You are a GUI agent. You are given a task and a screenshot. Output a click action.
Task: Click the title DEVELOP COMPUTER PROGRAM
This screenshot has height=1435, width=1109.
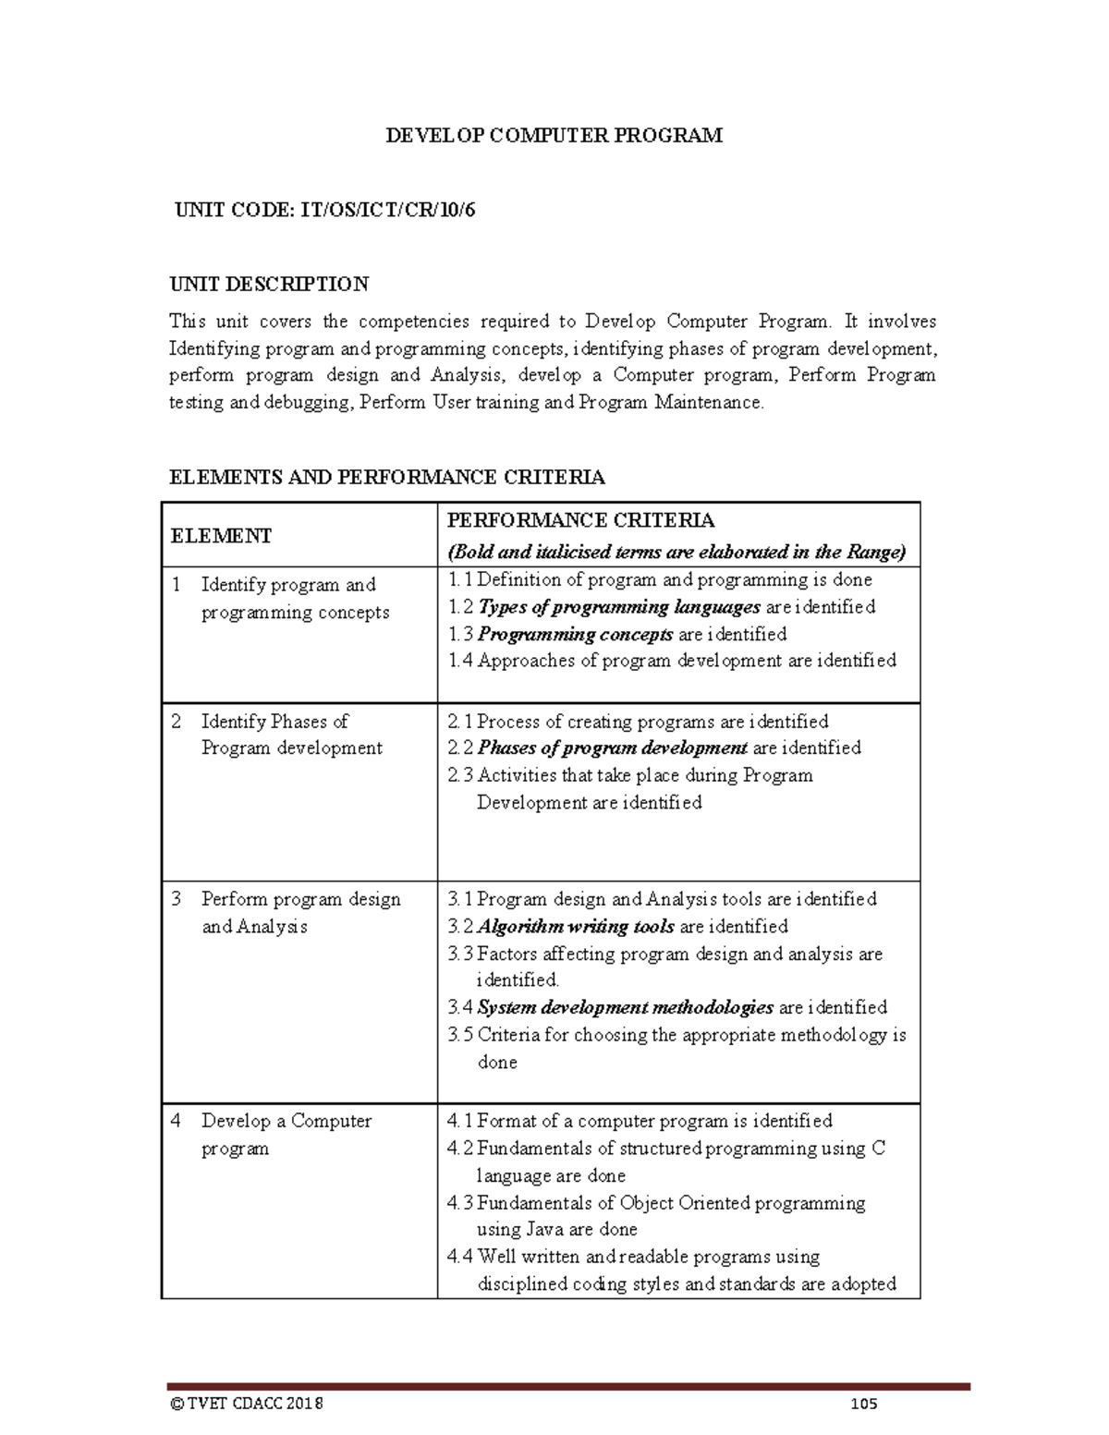point(554,136)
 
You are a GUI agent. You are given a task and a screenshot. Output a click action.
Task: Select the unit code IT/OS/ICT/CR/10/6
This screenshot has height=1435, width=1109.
point(386,210)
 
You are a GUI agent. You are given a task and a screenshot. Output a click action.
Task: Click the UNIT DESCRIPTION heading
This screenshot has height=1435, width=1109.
point(269,284)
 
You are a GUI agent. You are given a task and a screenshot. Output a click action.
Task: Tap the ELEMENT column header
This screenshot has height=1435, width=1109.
point(221,536)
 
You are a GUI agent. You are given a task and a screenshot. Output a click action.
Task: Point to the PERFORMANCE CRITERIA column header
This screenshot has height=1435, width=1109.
point(580,520)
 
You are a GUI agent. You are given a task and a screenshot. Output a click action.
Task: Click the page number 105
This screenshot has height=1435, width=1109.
point(863,1404)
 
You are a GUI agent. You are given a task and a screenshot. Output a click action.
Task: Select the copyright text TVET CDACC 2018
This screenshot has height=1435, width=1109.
point(254,1404)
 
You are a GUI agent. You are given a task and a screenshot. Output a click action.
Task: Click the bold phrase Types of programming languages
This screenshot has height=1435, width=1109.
point(619,607)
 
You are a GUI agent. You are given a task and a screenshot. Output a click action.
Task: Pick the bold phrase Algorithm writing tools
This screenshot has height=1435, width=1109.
point(577,926)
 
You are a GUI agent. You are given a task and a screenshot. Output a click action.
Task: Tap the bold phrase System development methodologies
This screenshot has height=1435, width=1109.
point(625,1007)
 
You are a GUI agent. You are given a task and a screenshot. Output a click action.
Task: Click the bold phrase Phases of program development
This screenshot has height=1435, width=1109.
point(612,748)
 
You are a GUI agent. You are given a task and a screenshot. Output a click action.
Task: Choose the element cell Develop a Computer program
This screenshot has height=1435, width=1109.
point(286,1134)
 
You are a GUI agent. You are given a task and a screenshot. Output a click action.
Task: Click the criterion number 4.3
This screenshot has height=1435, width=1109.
point(459,1203)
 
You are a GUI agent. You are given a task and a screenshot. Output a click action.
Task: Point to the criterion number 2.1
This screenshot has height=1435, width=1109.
point(459,722)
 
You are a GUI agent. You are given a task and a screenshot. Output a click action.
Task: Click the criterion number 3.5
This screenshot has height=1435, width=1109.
point(459,1035)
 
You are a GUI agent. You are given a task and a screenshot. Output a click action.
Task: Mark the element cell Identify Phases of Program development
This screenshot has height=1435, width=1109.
point(290,735)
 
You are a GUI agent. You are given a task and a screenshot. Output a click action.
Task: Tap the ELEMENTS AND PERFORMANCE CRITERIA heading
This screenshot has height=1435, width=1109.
point(386,477)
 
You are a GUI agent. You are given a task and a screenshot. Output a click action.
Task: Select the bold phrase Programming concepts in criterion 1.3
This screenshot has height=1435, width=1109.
point(575,634)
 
